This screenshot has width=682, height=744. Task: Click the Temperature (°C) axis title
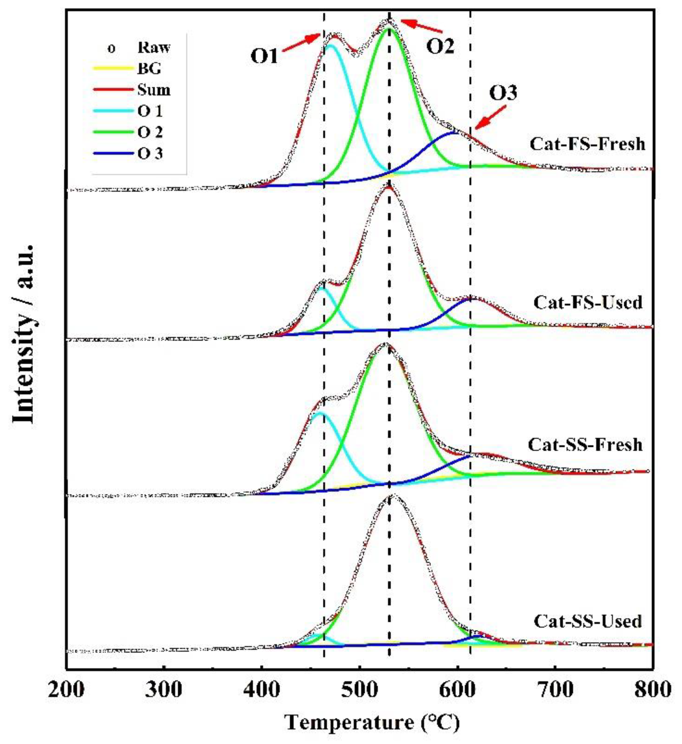(373, 721)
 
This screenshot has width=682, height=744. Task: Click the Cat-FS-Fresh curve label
(588, 144)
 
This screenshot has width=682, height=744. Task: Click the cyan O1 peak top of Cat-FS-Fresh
(330, 46)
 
